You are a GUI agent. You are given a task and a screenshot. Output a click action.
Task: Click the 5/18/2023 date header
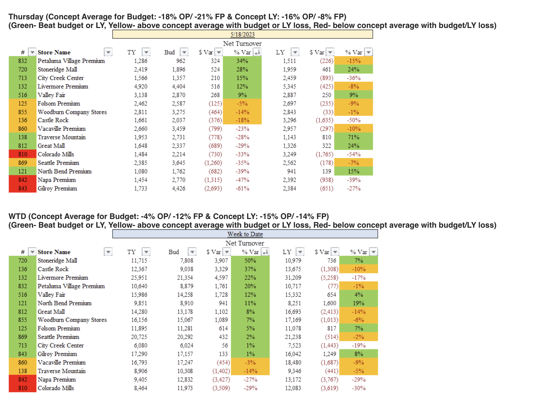(x=242, y=34)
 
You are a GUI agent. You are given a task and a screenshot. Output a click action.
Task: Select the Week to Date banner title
(x=245, y=234)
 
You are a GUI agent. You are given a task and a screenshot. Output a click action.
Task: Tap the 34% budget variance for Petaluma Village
(x=242, y=61)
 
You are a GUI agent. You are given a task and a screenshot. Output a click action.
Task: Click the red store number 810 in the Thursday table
(x=23, y=154)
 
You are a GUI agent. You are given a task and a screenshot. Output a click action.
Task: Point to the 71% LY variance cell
(x=353, y=137)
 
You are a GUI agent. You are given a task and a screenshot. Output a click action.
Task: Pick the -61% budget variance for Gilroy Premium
(x=242, y=189)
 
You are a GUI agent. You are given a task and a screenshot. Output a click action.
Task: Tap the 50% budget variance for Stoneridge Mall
(x=250, y=261)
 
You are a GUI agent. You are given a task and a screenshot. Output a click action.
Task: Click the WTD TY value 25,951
(x=139, y=278)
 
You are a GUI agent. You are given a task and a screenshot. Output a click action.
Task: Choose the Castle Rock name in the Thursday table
(x=53, y=120)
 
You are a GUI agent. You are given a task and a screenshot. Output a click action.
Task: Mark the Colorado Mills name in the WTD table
(x=56, y=388)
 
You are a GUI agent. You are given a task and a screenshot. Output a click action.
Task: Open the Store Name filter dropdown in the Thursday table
(x=108, y=52)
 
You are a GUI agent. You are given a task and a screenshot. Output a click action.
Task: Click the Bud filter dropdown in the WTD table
(x=192, y=252)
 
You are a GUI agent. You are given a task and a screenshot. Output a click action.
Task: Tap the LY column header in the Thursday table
(x=280, y=52)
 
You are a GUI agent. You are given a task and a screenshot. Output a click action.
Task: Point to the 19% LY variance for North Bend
(x=358, y=303)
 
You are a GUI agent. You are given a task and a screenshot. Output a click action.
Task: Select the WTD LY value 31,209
(x=293, y=278)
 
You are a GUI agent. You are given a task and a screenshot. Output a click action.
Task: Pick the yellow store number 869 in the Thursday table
(x=23, y=163)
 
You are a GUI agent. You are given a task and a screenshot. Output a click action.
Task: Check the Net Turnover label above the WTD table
(x=245, y=243)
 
